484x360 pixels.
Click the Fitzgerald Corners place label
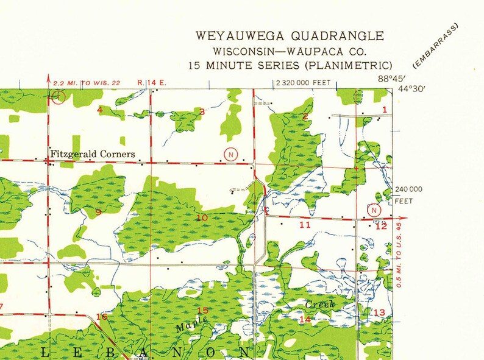click(x=92, y=154)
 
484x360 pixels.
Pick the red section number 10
click(x=202, y=217)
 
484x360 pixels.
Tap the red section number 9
click(x=98, y=212)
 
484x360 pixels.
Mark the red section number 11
click(x=305, y=225)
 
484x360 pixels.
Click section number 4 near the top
click(x=99, y=110)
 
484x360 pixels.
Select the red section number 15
click(x=202, y=311)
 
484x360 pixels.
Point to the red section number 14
click(x=305, y=319)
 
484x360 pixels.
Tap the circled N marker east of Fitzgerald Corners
click(x=230, y=154)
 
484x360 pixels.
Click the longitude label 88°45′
click(x=390, y=79)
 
